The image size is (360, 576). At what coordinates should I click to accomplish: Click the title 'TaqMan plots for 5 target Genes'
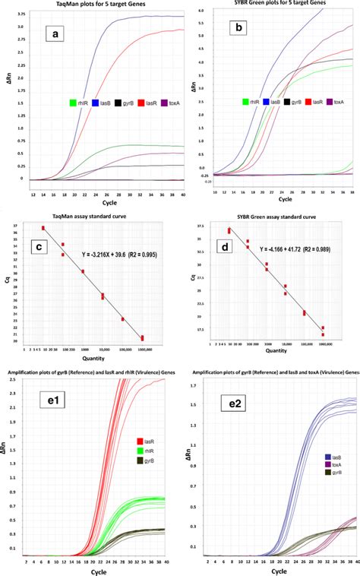pos(90,5)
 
